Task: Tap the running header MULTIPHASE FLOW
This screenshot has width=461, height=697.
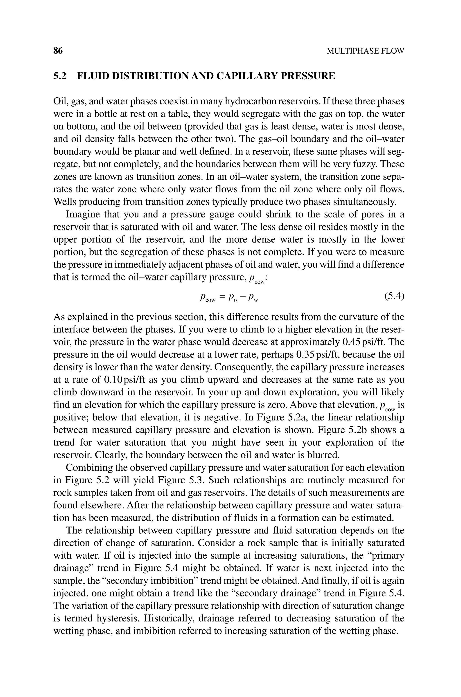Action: [x=366, y=51]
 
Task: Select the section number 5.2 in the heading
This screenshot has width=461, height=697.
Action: [x=60, y=76]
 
